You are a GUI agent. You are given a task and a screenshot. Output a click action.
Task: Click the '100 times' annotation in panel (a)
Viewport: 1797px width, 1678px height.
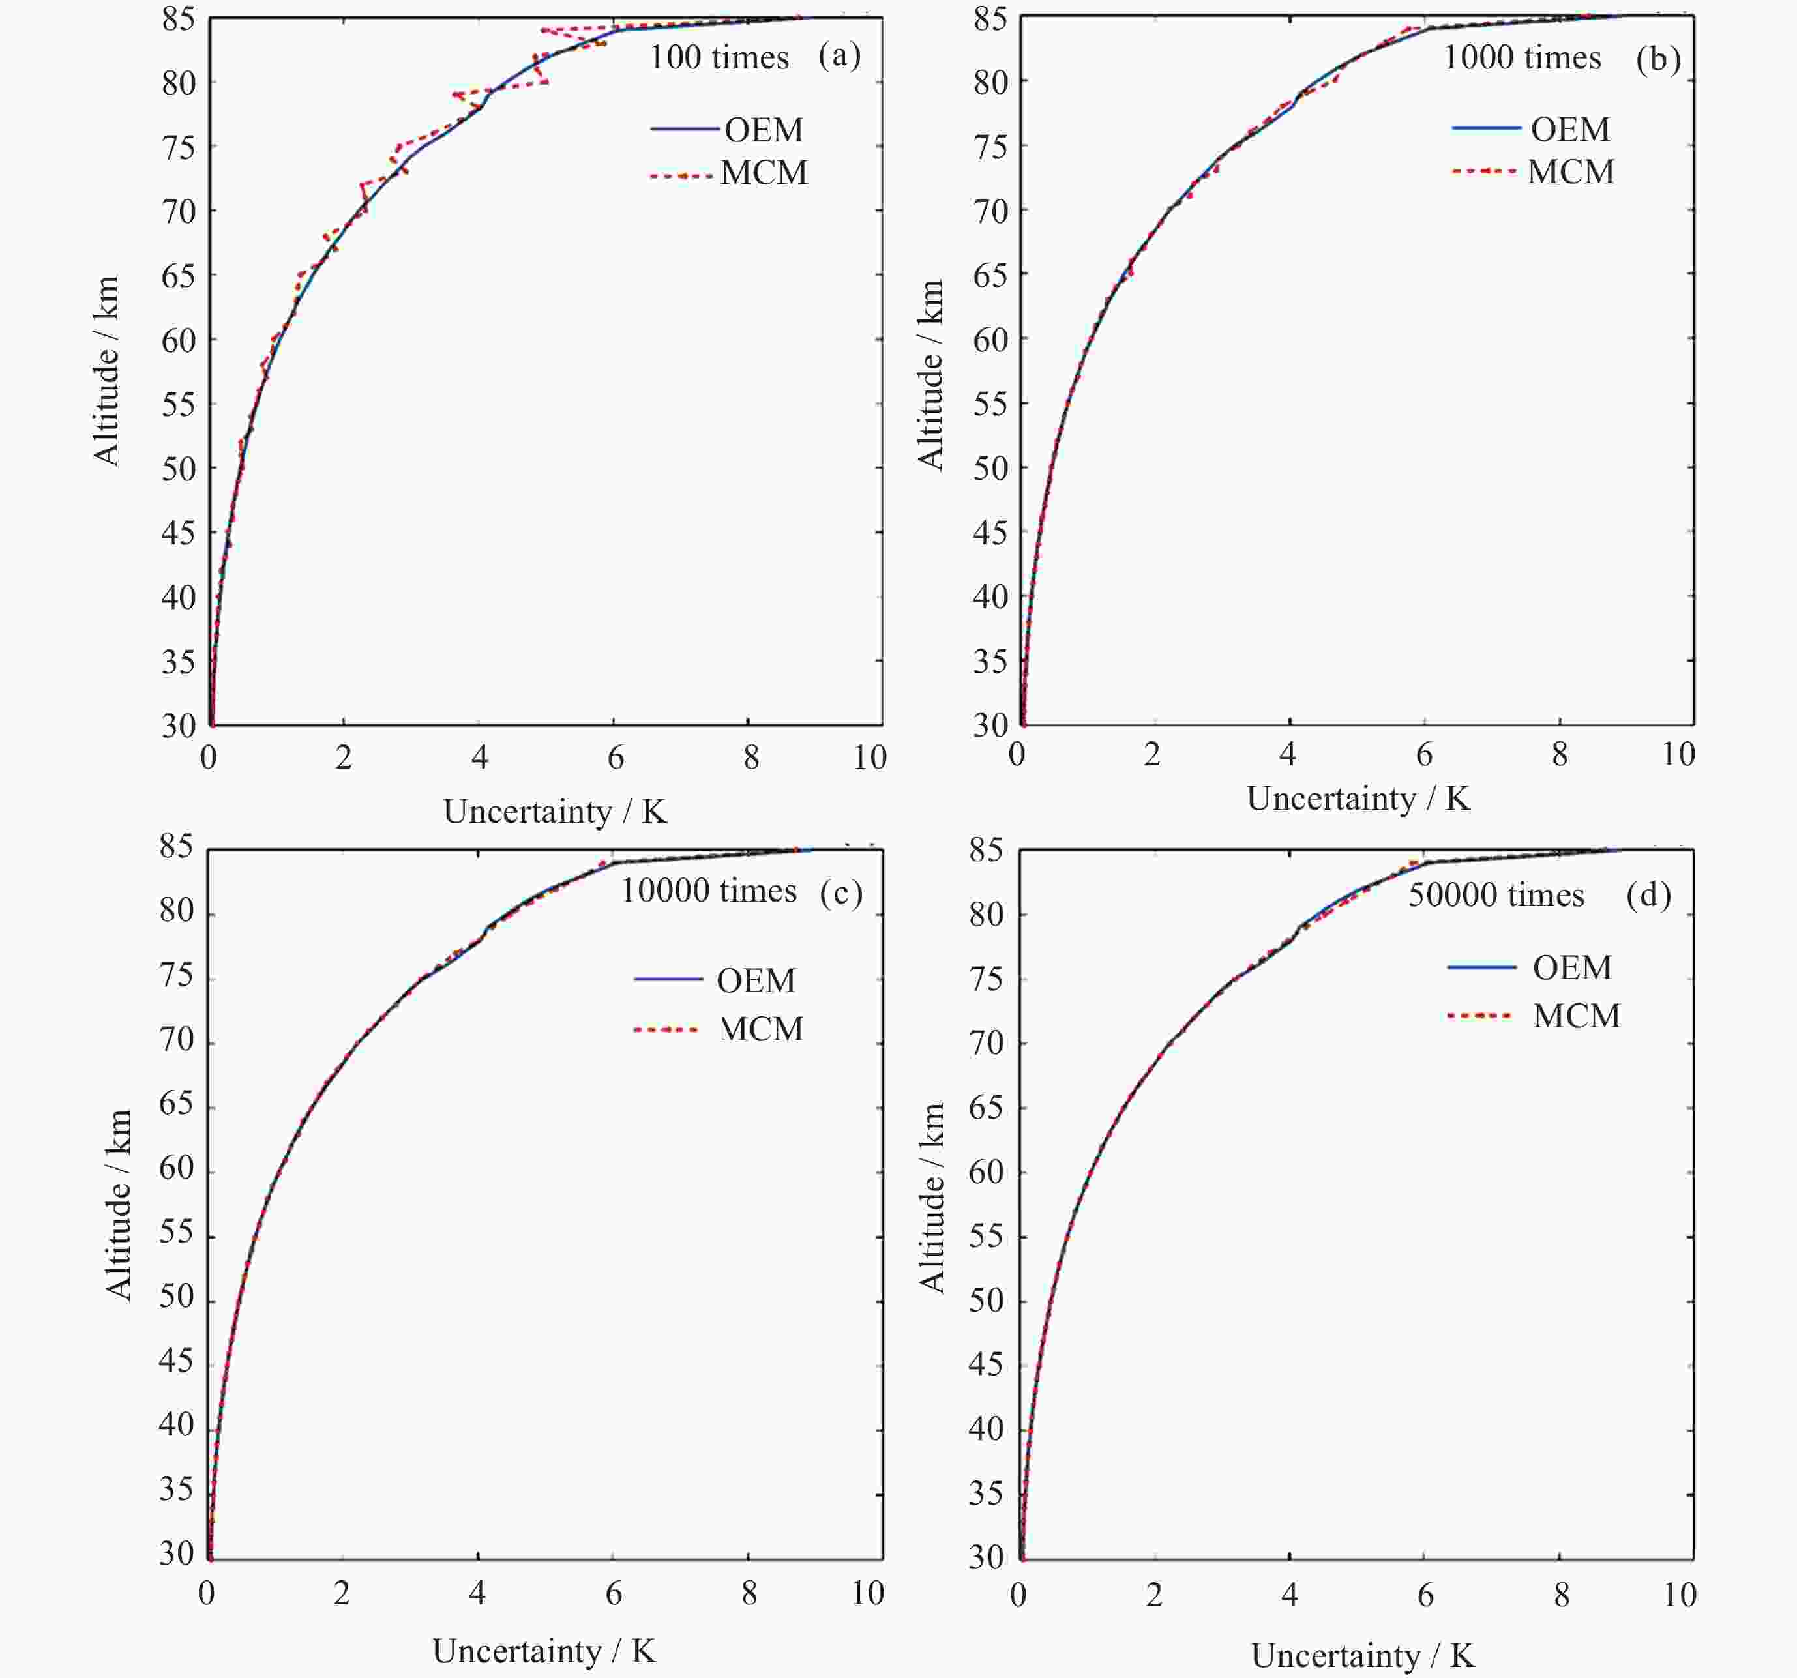pyautogui.click(x=719, y=58)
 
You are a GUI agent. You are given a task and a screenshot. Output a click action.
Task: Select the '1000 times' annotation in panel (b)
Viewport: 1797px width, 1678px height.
pyautogui.click(x=1521, y=58)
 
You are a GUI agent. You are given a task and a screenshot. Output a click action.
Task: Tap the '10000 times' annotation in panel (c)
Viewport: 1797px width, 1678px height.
pyautogui.click(x=707, y=891)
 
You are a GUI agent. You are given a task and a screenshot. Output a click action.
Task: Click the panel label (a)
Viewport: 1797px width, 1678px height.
pyautogui.click(x=839, y=56)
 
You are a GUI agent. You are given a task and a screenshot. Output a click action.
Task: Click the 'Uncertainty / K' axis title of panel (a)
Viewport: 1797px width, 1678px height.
pyautogui.click(x=555, y=812)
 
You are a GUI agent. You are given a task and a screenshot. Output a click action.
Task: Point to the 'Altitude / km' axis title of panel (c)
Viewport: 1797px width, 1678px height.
pyautogui.click(x=119, y=1205)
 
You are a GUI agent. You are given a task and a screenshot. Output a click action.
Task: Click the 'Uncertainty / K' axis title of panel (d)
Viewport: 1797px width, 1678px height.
pyautogui.click(x=1362, y=1655)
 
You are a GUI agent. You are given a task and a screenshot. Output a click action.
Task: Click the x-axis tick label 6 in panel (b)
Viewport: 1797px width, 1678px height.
pyautogui.click(x=1423, y=754)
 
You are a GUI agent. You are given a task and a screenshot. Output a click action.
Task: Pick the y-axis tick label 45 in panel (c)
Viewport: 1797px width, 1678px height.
pyautogui.click(x=176, y=1360)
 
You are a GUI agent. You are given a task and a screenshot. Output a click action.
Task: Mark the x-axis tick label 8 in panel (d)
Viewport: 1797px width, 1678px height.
pyautogui.click(x=1561, y=1595)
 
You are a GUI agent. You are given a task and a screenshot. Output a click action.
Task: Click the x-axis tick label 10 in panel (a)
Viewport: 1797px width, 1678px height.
pyautogui.click(x=870, y=758)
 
